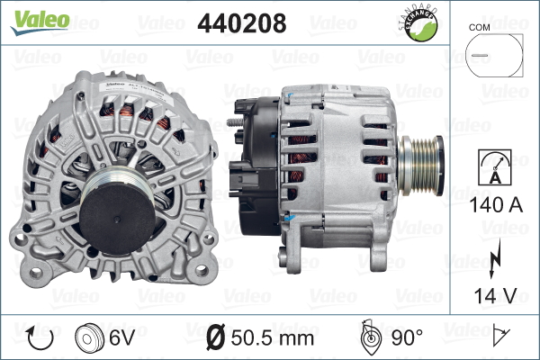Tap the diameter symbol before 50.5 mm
pos(216,338)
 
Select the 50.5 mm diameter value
pos(272,338)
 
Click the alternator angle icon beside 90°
pos(368,338)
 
